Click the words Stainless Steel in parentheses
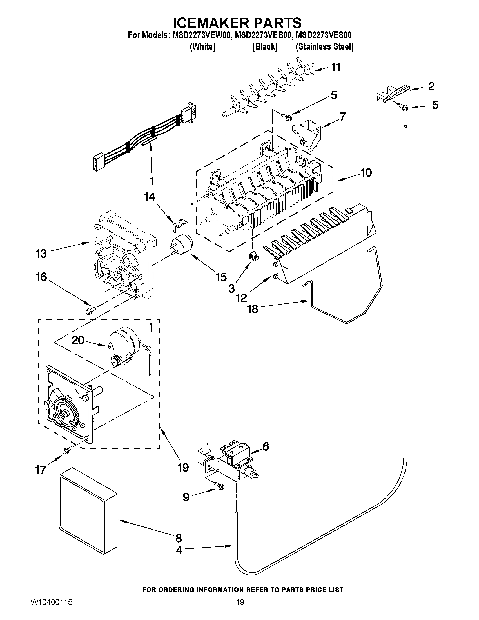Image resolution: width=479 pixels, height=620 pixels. tap(325, 47)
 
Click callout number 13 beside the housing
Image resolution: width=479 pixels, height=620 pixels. tap(41, 254)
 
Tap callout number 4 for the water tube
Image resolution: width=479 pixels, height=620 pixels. tap(179, 551)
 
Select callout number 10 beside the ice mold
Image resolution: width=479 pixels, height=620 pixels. tap(366, 172)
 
